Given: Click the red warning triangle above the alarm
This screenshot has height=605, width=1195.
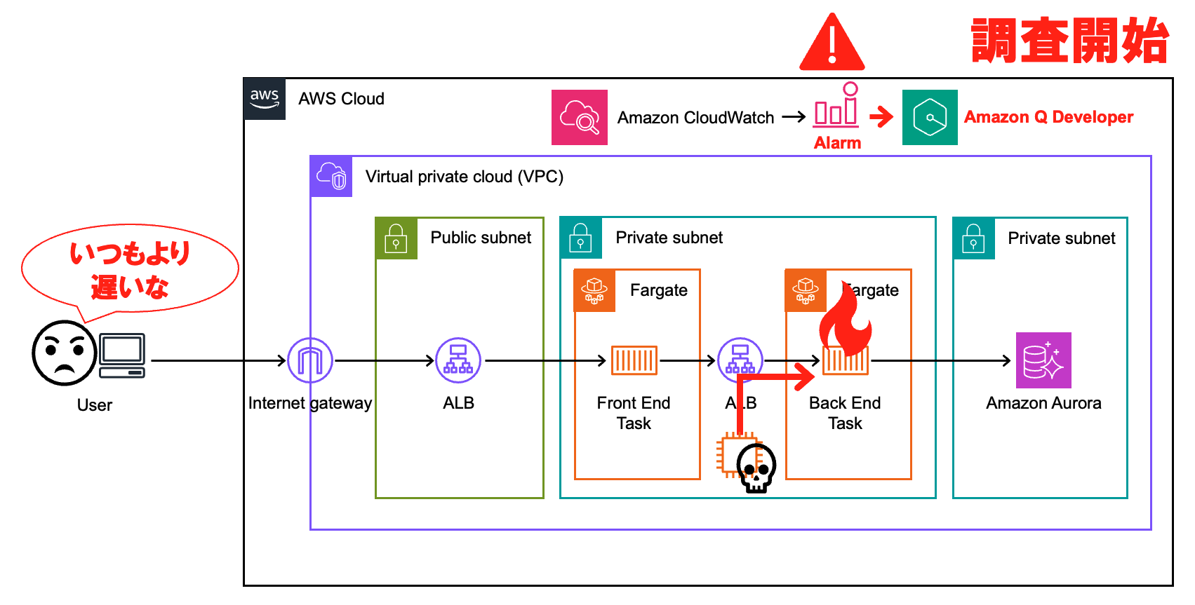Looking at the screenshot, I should point(832,43).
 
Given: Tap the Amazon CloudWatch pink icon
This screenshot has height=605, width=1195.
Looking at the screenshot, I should point(579,117).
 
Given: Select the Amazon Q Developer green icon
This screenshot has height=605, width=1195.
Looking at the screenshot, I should point(930,117).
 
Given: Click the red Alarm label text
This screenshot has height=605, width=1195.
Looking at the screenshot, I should point(837,143).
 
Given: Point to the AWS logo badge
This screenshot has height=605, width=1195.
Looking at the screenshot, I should point(265,99).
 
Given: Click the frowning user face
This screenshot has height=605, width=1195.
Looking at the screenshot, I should point(64,353).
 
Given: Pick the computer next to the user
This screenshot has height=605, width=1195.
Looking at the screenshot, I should point(122,355).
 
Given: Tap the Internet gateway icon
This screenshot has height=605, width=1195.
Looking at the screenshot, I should point(310,360).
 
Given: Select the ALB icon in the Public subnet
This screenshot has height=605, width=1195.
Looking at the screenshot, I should point(458,360).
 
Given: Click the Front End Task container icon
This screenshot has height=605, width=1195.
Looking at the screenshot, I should point(634,360).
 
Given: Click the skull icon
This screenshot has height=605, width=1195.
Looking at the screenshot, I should point(756,468).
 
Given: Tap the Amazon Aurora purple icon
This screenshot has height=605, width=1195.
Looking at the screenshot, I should point(1043,360).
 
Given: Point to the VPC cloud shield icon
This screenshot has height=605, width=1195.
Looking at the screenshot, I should point(331,176).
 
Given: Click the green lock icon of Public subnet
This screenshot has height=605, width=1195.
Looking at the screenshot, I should point(396,238).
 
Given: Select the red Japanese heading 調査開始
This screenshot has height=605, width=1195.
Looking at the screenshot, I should point(1070,41).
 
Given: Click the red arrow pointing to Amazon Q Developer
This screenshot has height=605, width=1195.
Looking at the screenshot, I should point(881,117).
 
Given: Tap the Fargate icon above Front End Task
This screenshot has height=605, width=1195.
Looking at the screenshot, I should point(595,290).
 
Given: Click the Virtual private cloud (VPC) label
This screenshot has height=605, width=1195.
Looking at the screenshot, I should point(464,177).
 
